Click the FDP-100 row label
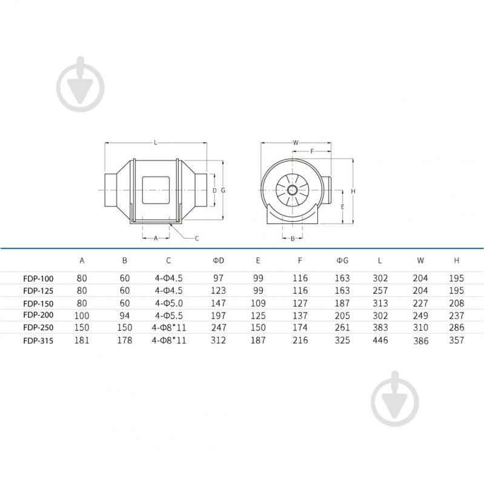pos(38,279)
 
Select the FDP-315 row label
pos(38,341)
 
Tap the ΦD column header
pos(218,260)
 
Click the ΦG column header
pos(342,260)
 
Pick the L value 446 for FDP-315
pos(380,340)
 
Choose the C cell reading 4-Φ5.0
pos(169,303)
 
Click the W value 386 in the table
pos(420,341)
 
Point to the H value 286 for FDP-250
pos(457,328)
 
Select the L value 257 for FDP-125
pos(380,291)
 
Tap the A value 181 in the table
pos(82,340)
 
